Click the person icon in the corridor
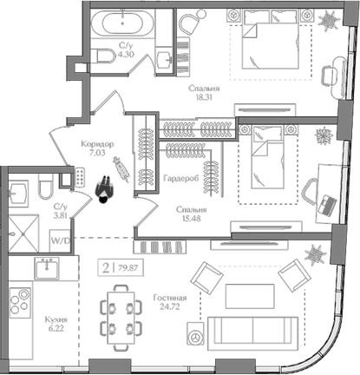(105, 185)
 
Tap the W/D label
(61, 242)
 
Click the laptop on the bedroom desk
(328, 205)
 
